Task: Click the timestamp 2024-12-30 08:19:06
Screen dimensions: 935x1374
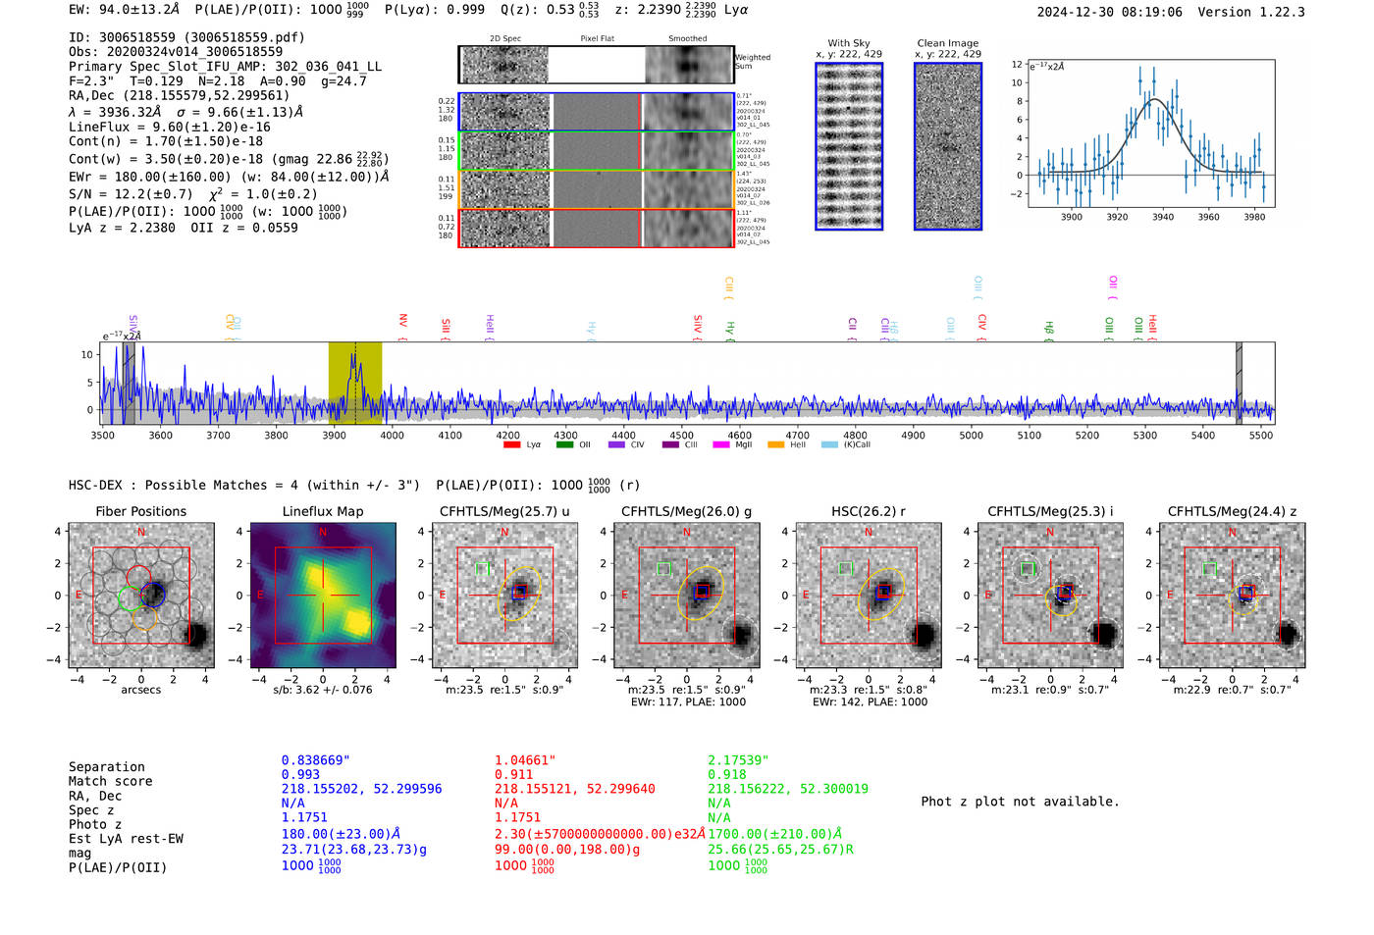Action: click(1109, 12)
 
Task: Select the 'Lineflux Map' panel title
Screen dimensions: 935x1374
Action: click(322, 511)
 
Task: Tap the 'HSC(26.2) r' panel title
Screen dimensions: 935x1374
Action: click(868, 511)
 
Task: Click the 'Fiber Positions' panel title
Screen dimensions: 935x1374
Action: click(140, 511)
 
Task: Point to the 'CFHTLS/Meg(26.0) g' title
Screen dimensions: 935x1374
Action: click(686, 511)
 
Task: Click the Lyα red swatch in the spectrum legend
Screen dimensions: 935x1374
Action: click(511, 445)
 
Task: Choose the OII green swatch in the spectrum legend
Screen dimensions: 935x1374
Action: click(564, 445)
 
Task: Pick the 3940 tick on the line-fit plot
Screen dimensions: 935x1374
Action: click(1163, 217)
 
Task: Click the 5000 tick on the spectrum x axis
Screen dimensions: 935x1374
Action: click(971, 436)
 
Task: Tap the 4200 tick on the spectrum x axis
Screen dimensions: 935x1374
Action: click(507, 436)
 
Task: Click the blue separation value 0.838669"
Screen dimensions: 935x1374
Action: click(315, 760)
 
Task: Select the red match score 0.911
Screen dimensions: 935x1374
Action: click(514, 774)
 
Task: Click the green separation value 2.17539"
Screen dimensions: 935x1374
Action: click(738, 760)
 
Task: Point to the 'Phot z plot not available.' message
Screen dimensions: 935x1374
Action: click(1020, 802)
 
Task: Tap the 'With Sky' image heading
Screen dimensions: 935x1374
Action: click(849, 43)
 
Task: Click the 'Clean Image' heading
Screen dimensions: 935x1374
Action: click(947, 43)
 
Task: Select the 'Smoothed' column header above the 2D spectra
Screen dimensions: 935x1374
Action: click(687, 39)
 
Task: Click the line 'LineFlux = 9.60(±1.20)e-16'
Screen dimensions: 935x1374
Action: click(169, 127)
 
